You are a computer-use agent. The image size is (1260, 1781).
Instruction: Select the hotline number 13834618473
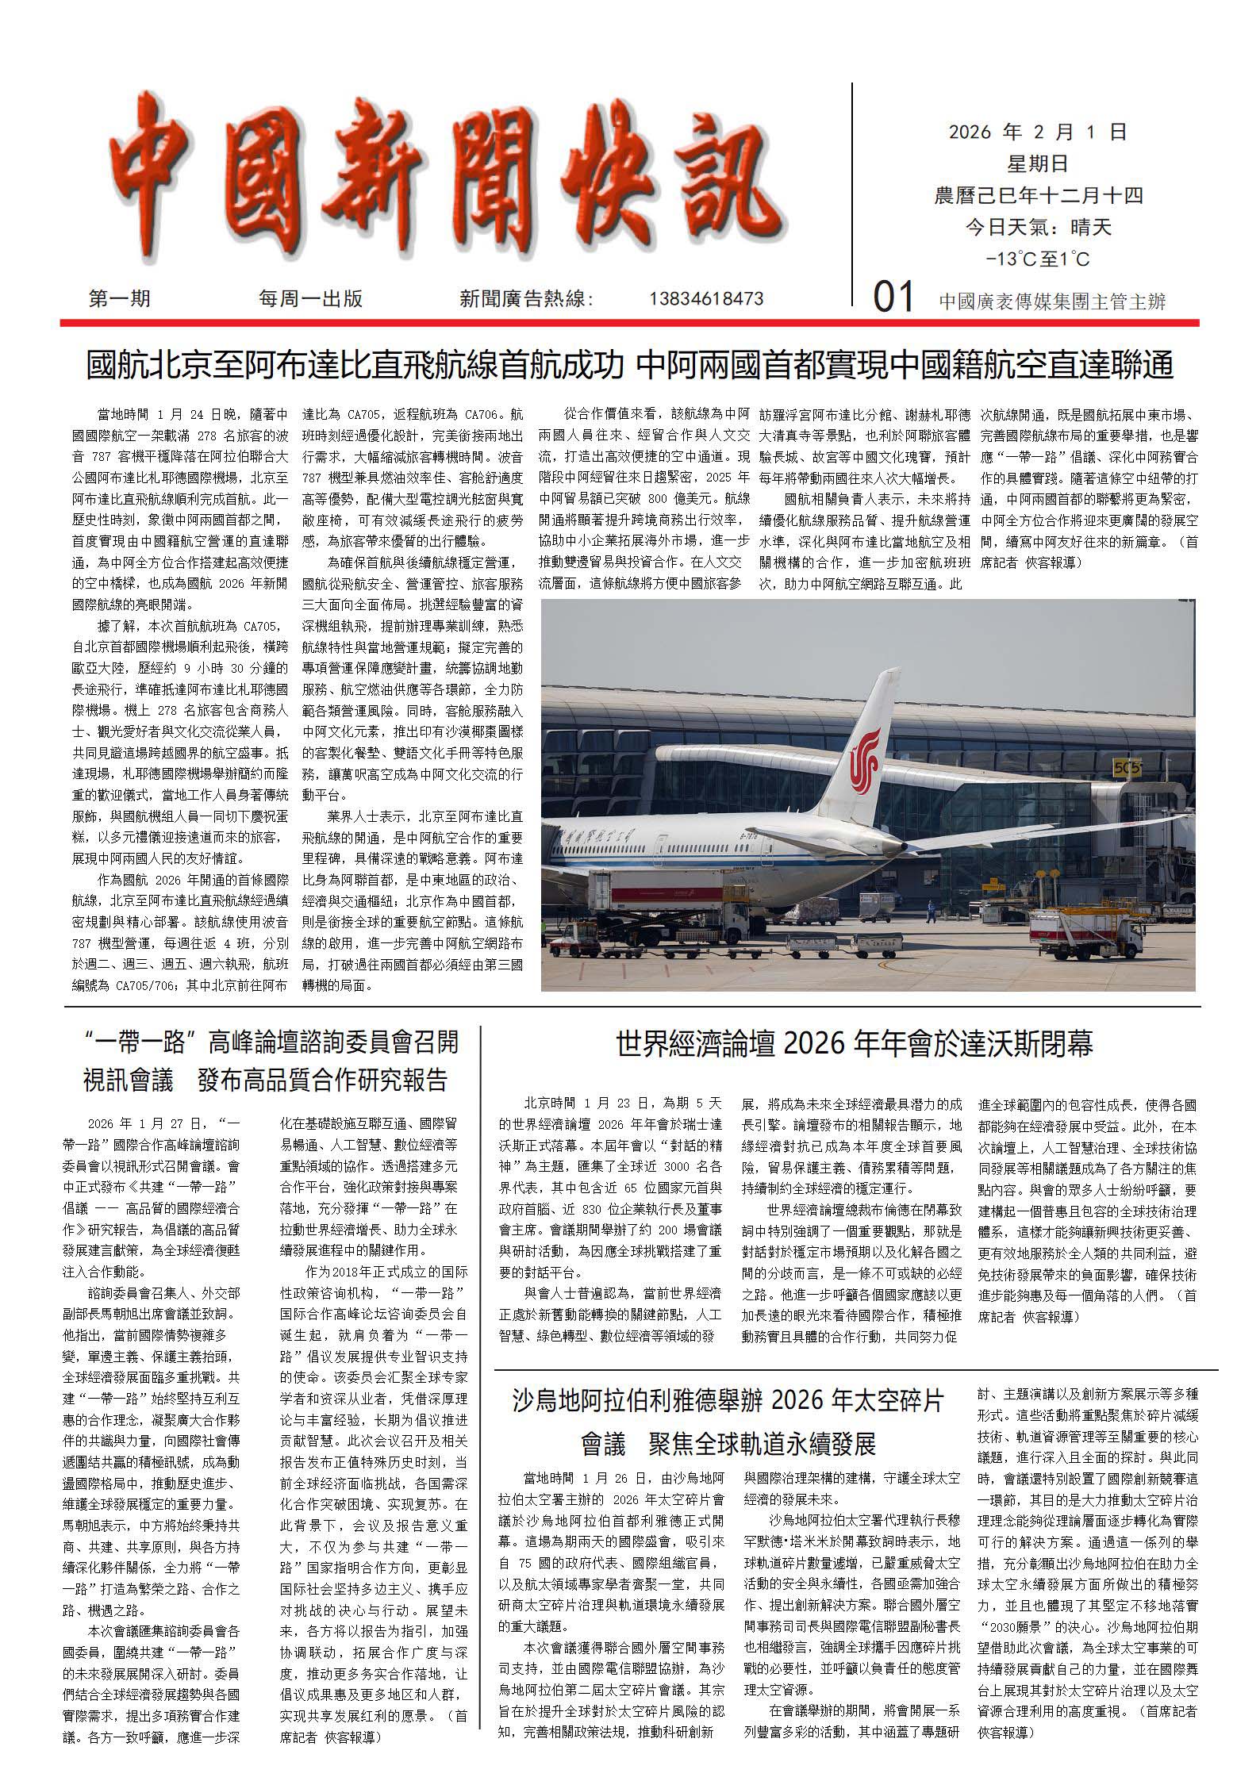click(x=706, y=299)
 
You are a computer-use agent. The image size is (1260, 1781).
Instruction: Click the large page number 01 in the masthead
click(x=894, y=298)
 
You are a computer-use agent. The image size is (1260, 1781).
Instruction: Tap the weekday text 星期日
click(x=1038, y=164)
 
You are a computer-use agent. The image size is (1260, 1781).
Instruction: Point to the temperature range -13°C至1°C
click(x=1038, y=259)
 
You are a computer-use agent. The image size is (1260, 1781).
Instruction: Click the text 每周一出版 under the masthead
click(x=310, y=299)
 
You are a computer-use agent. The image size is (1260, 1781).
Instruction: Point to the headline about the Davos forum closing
click(x=855, y=1044)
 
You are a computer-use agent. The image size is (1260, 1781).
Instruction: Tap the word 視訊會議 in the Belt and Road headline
click(x=128, y=1080)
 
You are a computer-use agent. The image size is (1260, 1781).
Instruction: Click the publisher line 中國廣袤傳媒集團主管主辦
click(x=1052, y=301)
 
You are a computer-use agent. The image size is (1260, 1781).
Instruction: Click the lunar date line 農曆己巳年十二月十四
click(x=1038, y=196)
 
